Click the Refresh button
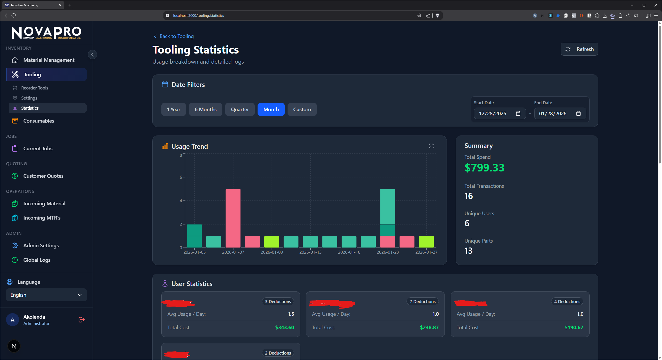579,49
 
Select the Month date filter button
271,109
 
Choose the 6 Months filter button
205,109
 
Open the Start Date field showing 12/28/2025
492,114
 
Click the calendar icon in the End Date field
578,114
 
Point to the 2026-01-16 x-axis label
349,252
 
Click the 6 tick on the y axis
181,177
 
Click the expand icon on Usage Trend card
431,146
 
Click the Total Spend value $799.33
484,168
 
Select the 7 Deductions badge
422,302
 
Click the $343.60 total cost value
284,327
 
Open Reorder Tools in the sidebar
35,88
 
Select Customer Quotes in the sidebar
43,176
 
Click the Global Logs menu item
37,260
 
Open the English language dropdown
46,295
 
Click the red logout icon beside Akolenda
81,320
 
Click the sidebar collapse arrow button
92,55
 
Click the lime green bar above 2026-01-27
426,242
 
